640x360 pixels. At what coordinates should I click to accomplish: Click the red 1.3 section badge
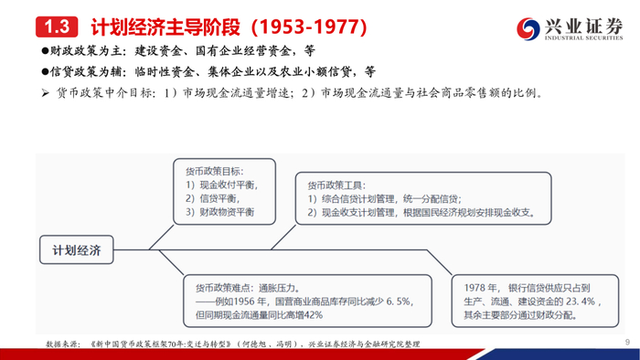[57, 26]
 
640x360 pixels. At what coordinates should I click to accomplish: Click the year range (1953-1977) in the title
[309, 26]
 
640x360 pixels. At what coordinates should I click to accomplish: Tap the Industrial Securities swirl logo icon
[528, 28]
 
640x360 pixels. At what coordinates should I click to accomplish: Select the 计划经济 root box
[77, 250]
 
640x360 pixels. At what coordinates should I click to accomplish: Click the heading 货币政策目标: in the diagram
[215, 171]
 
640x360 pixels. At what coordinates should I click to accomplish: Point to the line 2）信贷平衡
[212, 198]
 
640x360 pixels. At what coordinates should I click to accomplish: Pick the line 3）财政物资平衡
[220, 212]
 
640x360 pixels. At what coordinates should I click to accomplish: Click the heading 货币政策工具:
[336, 185]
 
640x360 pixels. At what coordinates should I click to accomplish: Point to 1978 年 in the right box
[480, 288]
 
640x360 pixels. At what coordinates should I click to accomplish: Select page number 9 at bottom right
[627, 343]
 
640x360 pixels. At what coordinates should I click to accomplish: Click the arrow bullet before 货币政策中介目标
[45, 93]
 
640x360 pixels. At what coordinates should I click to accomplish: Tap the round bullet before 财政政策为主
[45, 50]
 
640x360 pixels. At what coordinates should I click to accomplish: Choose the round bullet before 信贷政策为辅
[45, 72]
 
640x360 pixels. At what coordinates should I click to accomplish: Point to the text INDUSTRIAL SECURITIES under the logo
[583, 37]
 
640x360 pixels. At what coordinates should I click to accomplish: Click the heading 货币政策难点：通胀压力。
[249, 288]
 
